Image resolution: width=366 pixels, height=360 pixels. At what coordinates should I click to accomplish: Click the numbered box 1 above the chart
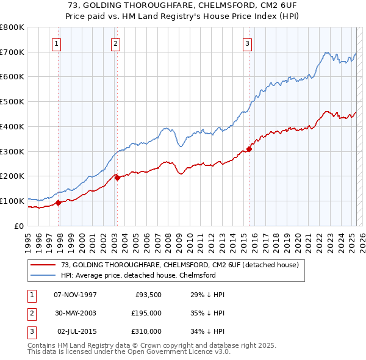[56, 43]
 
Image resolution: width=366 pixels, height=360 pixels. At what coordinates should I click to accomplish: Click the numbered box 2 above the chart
[115, 43]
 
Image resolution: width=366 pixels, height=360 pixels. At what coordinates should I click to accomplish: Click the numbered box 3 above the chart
[247, 43]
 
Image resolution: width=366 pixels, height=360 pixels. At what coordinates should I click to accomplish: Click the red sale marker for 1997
[59, 203]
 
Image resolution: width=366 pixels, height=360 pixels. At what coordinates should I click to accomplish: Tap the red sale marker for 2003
[117, 178]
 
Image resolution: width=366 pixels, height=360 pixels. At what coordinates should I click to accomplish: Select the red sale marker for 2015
[249, 149]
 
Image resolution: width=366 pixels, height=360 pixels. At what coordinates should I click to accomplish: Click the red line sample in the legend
[43, 265]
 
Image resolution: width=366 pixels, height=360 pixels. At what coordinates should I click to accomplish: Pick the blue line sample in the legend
[43, 275]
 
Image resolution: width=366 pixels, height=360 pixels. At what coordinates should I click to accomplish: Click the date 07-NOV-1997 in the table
[75, 295]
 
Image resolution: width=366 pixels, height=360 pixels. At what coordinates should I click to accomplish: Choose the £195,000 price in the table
[146, 313]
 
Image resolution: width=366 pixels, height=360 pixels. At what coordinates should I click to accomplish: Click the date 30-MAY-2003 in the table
[75, 313]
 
